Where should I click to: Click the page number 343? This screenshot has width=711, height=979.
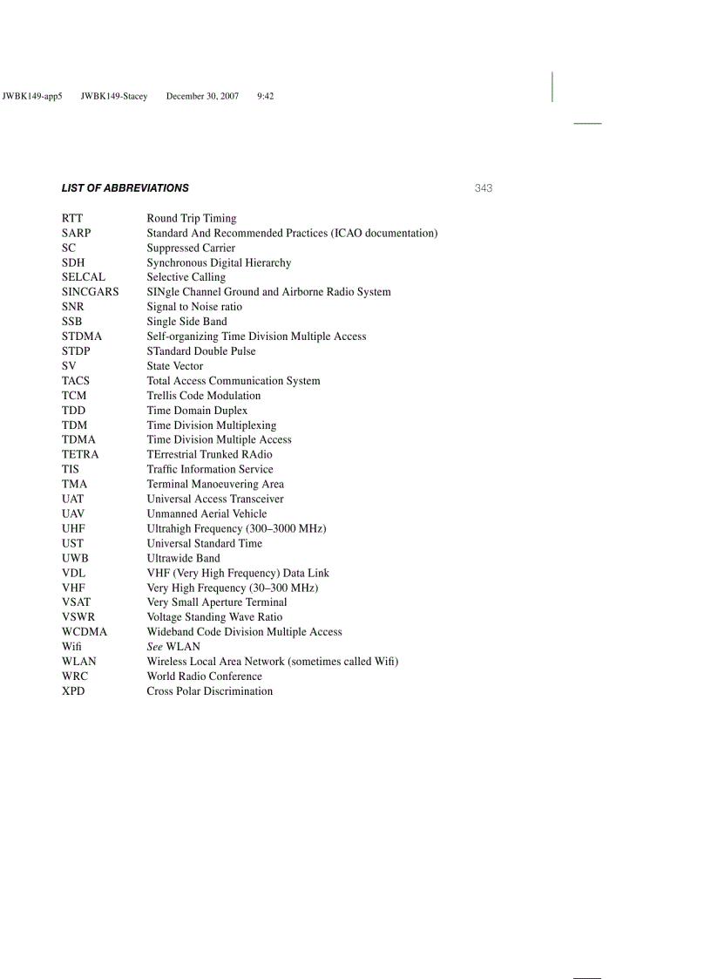point(484,188)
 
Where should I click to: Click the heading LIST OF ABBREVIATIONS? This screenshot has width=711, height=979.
point(125,188)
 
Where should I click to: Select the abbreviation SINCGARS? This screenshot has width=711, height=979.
point(90,292)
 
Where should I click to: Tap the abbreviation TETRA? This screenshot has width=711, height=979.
point(80,455)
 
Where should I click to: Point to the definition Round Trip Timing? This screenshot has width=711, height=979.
point(191,219)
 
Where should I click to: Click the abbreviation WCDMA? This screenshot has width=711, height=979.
point(85,632)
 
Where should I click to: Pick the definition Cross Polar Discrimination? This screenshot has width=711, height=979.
point(209,691)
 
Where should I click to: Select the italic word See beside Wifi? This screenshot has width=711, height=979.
point(155,647)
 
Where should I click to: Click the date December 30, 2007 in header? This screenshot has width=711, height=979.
point(202,96)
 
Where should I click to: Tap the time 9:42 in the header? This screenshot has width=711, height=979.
point(266,96)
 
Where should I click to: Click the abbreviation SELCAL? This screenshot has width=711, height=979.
point(83,277)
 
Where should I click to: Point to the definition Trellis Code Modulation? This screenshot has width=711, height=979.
point(203,396)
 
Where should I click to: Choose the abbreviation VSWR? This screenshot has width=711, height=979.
point(78,617)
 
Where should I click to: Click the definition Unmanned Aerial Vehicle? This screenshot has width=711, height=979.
point(207,514)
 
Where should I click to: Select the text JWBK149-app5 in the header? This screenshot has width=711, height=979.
point(33,96)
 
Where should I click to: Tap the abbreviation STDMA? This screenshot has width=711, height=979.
point(81,337)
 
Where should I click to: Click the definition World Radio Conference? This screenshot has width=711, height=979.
point(204,676)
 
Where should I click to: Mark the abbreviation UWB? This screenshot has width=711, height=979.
point(75,558)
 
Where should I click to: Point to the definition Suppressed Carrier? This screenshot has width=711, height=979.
point(191,248)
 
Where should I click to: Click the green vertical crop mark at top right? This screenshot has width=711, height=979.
point(552,86)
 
